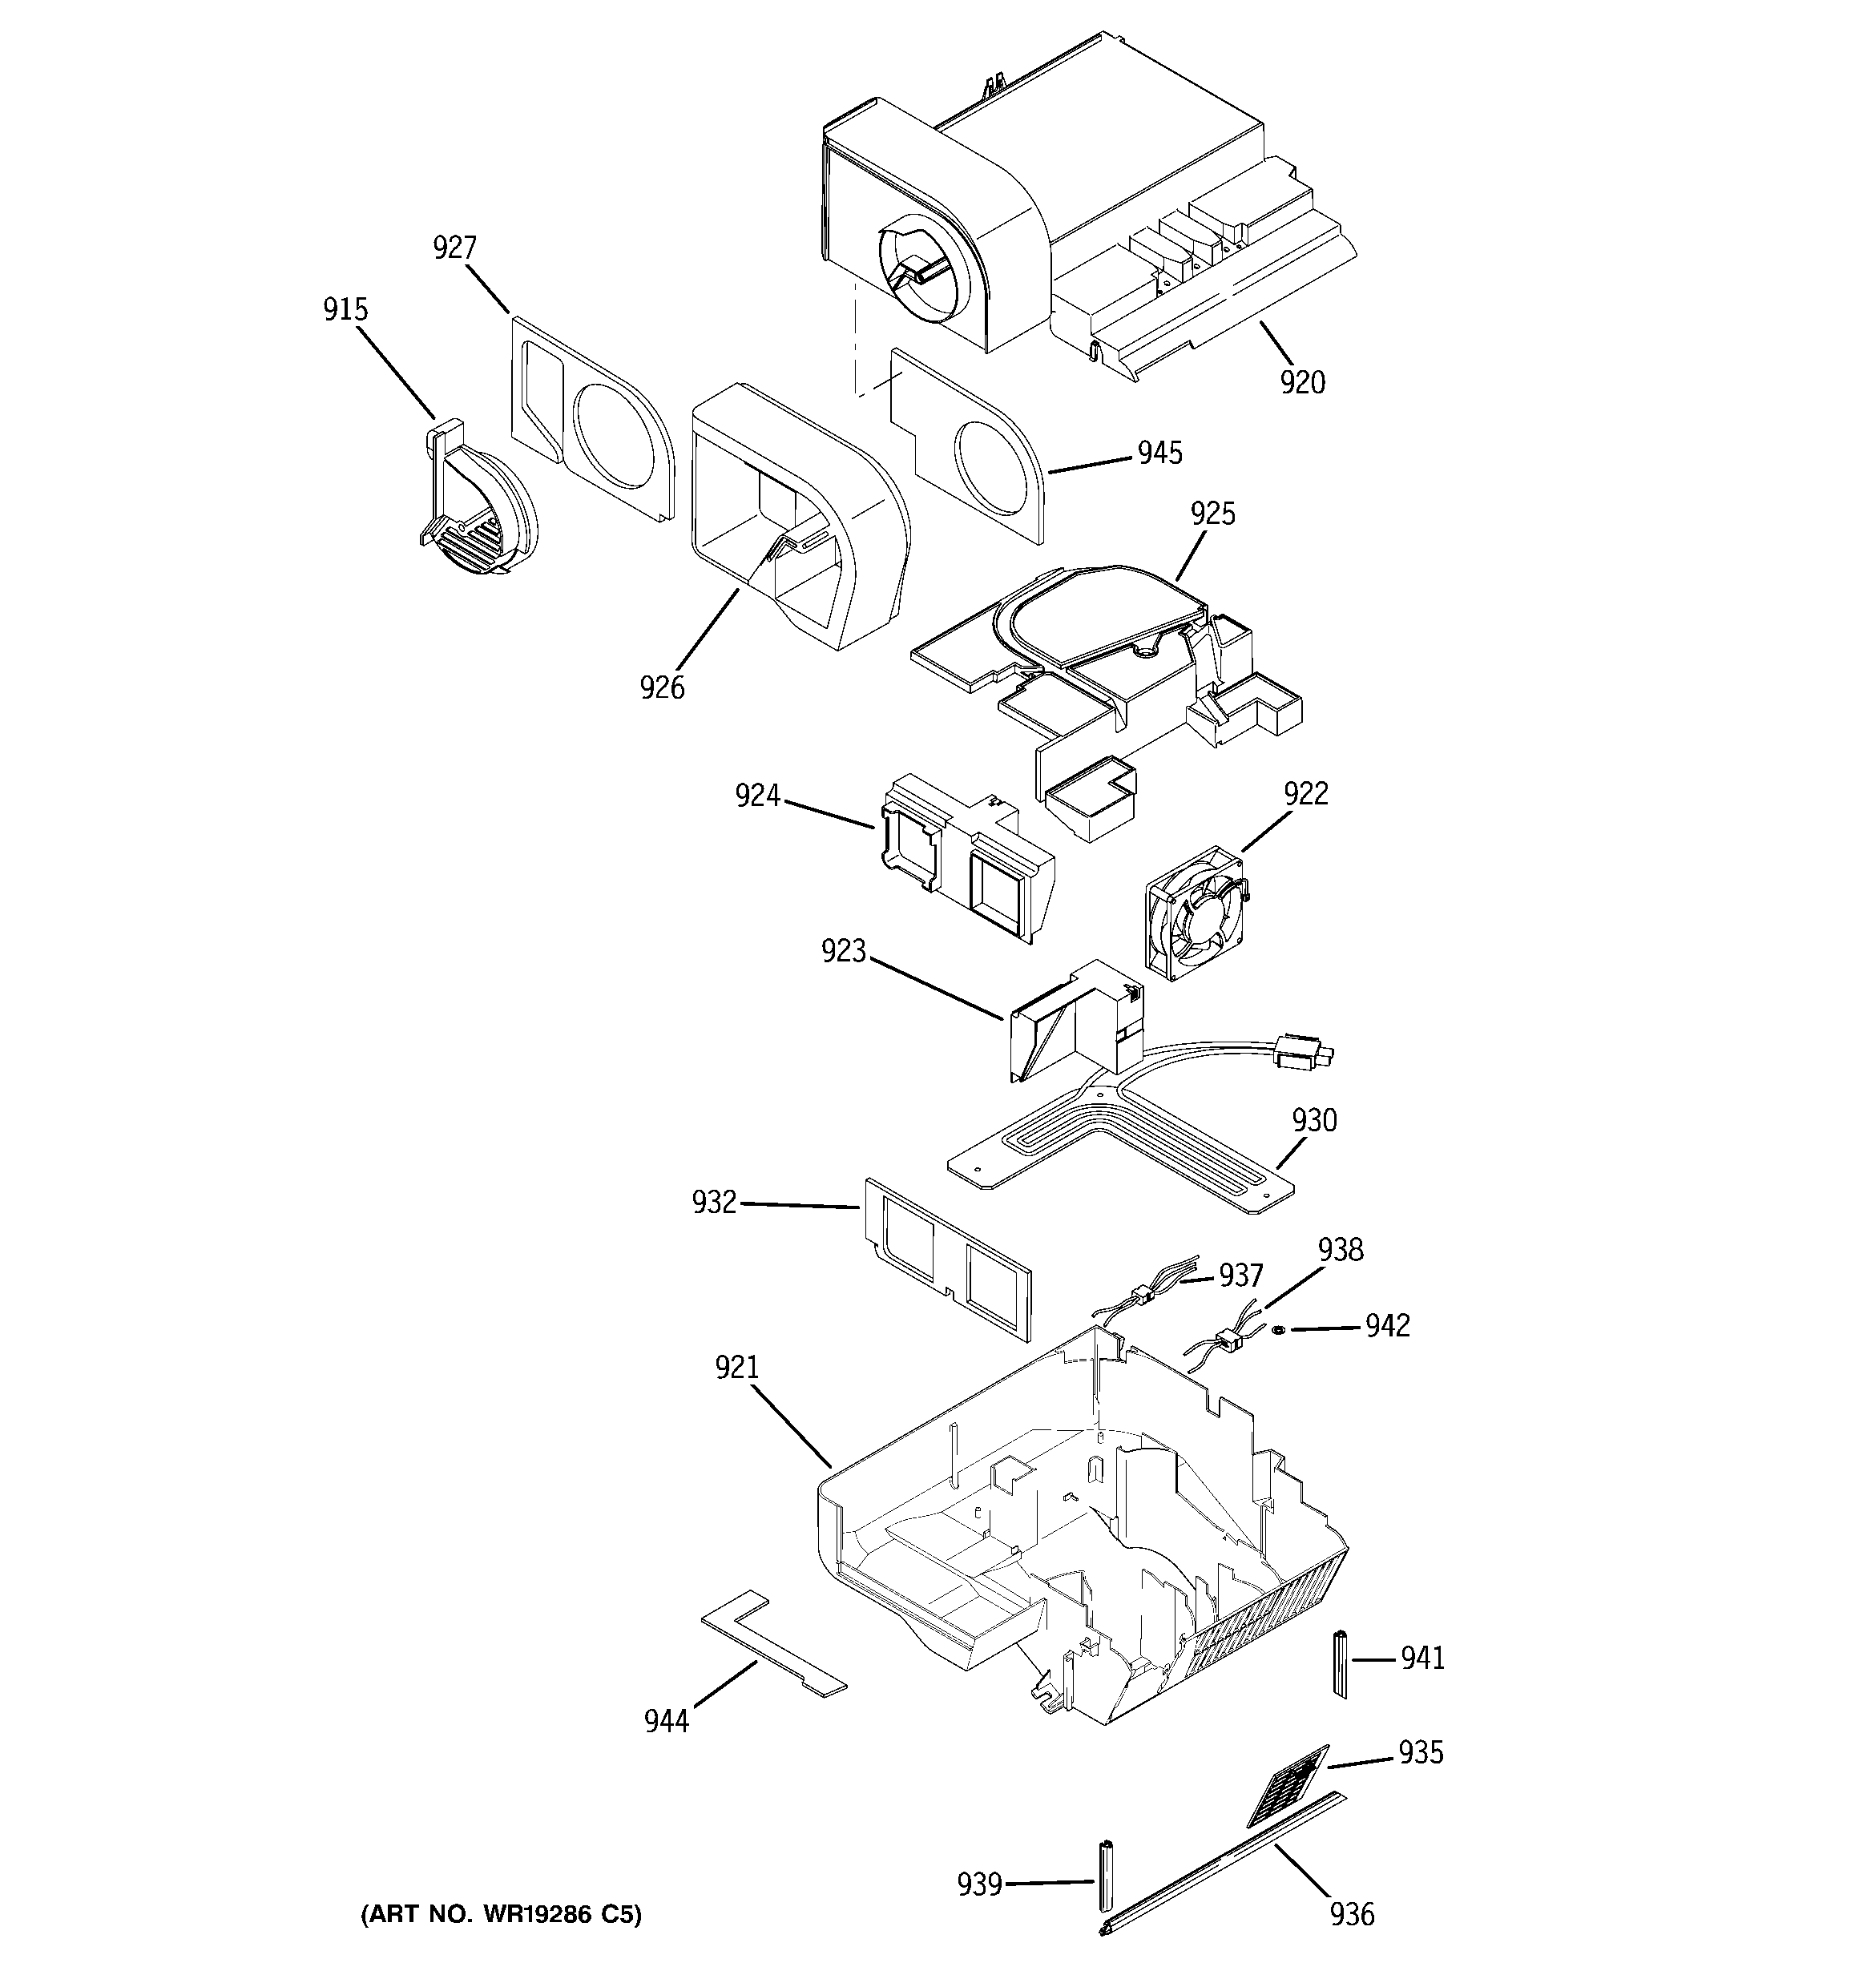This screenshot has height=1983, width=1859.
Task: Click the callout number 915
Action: [x=345, y=309]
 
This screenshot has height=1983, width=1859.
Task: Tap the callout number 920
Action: [x=1303, y=382]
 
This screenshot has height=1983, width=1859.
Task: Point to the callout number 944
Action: [x=667, y=1721]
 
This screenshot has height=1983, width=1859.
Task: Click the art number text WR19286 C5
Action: [x=501, y=1914]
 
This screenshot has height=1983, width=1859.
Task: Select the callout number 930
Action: [x=1314, y=1120]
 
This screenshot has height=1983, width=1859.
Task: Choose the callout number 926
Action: [x=663, y=687]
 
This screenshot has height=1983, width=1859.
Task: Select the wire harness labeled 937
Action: [x=1138, y=1296]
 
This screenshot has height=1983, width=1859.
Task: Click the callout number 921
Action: [x=736, y=1368]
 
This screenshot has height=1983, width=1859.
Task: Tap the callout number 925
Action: [x=1212, y=514]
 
